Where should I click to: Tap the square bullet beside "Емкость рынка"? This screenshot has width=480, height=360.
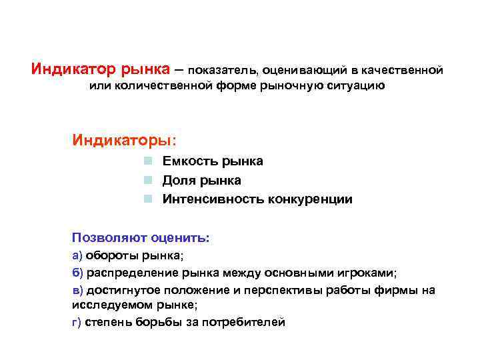click(x=151, y=161)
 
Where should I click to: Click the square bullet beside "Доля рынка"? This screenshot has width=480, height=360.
click(x=151, y=181)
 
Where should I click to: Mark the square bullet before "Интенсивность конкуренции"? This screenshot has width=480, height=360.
click(x=151, y=199)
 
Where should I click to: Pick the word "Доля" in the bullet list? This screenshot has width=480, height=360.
click(x=179, y=181)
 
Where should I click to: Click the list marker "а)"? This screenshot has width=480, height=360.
click(x=77, y=255)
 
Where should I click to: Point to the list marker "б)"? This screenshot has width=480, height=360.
click(x=77, y=273)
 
